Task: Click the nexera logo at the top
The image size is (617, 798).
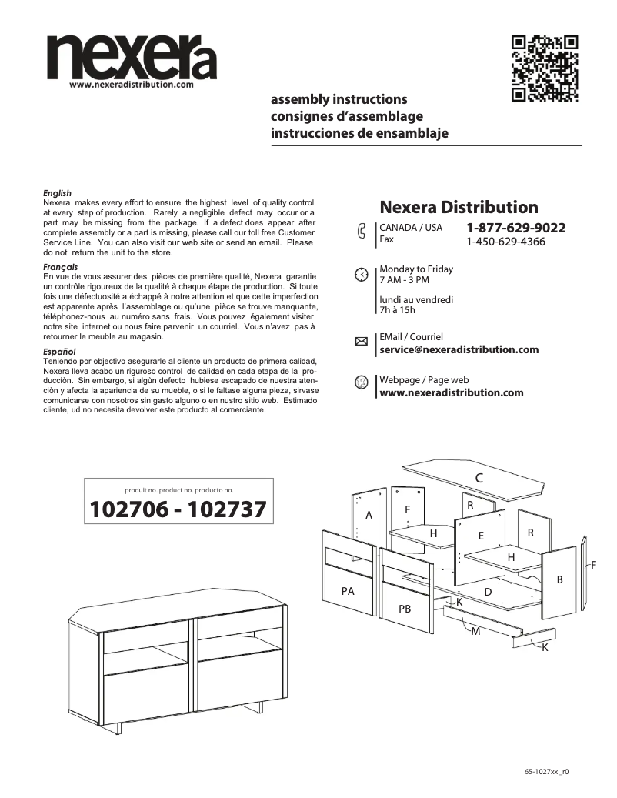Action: pos(131,58)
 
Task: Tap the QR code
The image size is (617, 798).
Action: pos(545,68)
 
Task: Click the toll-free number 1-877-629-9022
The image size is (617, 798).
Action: pos(515,228)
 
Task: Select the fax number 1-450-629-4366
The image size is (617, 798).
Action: pos(505,242)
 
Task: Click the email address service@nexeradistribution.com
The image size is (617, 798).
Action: pos(459,350)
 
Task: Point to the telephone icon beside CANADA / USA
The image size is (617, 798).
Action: pos(362,233)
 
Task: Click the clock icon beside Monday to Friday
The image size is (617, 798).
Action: pos(361,275)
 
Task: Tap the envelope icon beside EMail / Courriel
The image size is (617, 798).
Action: pos(361,344)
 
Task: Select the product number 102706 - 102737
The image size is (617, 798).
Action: pos(178,509)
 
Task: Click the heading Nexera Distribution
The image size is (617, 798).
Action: pos(459,207)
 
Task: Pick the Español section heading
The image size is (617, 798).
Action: pos(59,351)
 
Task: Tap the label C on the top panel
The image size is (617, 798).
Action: pos(479,478)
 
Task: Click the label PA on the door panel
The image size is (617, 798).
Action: pos(348,591)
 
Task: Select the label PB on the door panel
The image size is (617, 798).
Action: pos(405,608)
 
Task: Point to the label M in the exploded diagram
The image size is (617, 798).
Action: pos(475,631)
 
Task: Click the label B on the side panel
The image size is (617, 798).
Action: pos(560,579)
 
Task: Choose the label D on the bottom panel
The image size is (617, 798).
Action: pos(487,592)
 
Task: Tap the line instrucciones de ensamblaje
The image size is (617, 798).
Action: pos(359,134)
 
